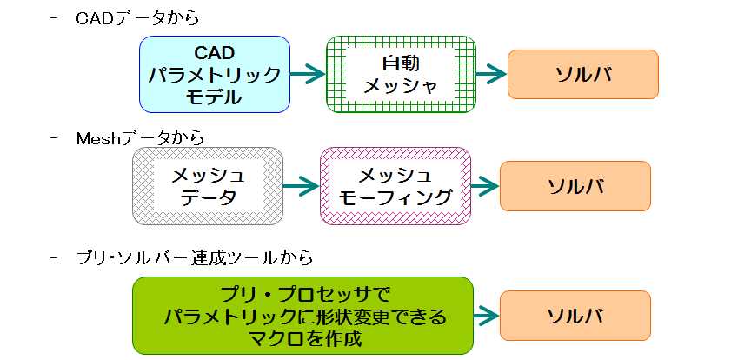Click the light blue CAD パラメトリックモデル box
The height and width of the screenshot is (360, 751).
[x=215, y=74]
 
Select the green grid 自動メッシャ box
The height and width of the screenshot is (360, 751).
[x=401, y=74]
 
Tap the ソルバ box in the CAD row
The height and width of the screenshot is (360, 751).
[x=583, y=74]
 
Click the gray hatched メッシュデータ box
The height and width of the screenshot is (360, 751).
[x=208, y=186]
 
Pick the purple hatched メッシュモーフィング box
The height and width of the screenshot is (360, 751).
[x=395, y=186]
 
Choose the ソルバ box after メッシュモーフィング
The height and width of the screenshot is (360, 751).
[x=575, y=186]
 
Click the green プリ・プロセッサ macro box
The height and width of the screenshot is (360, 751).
[x=302, y=316]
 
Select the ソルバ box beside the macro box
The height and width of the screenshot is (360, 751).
[x=575, y=316]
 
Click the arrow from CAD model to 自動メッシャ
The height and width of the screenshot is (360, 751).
[x=308, y=74]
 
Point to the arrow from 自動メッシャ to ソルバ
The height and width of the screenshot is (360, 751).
[x=491, y=74]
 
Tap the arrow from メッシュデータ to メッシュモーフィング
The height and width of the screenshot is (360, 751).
[x=302, y=186]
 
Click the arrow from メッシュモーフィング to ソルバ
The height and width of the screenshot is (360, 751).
[x=486, y=186]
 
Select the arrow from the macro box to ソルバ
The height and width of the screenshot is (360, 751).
[x=487, y=316]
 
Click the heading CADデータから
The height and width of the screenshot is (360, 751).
[x=137, y=19]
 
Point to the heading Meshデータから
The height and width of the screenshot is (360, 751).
[x=140, y=138]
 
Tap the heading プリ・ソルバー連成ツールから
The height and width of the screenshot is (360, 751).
[x=195, y=258]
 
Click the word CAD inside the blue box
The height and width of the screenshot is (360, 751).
[x=215, y=52]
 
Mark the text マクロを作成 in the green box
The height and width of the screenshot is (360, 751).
[x=303, y=339]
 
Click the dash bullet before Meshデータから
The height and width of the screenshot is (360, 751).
[x=54, y=138]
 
